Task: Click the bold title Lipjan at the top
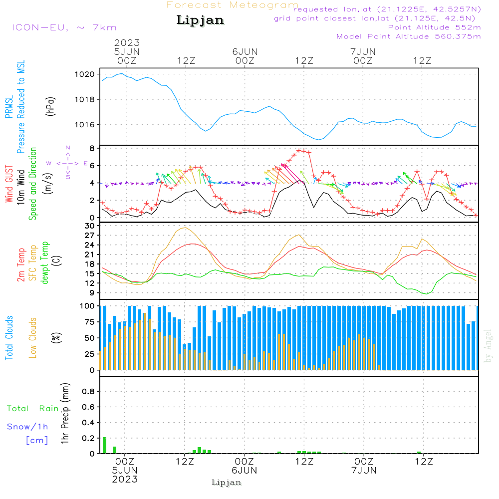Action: coord(200,20)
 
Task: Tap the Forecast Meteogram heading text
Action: coord(233,5)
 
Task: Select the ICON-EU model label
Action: coord(63,27)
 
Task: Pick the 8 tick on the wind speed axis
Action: coord(92,149)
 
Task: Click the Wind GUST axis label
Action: coord(9,185)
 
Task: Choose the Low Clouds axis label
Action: coord(33,337)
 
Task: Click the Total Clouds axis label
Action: coord(9,337)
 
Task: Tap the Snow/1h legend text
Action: coord(27,427)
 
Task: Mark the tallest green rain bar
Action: coord(105,445)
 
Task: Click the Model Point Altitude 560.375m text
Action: coord(409,36)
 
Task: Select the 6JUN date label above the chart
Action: coord(245,51)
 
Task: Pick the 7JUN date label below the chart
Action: coord(364,471)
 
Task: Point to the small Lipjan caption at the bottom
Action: coord(227,483)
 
